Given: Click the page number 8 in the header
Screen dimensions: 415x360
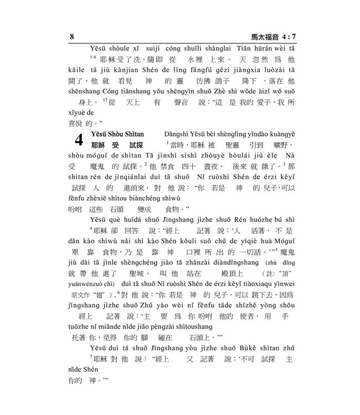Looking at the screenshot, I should tap(72, 37).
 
